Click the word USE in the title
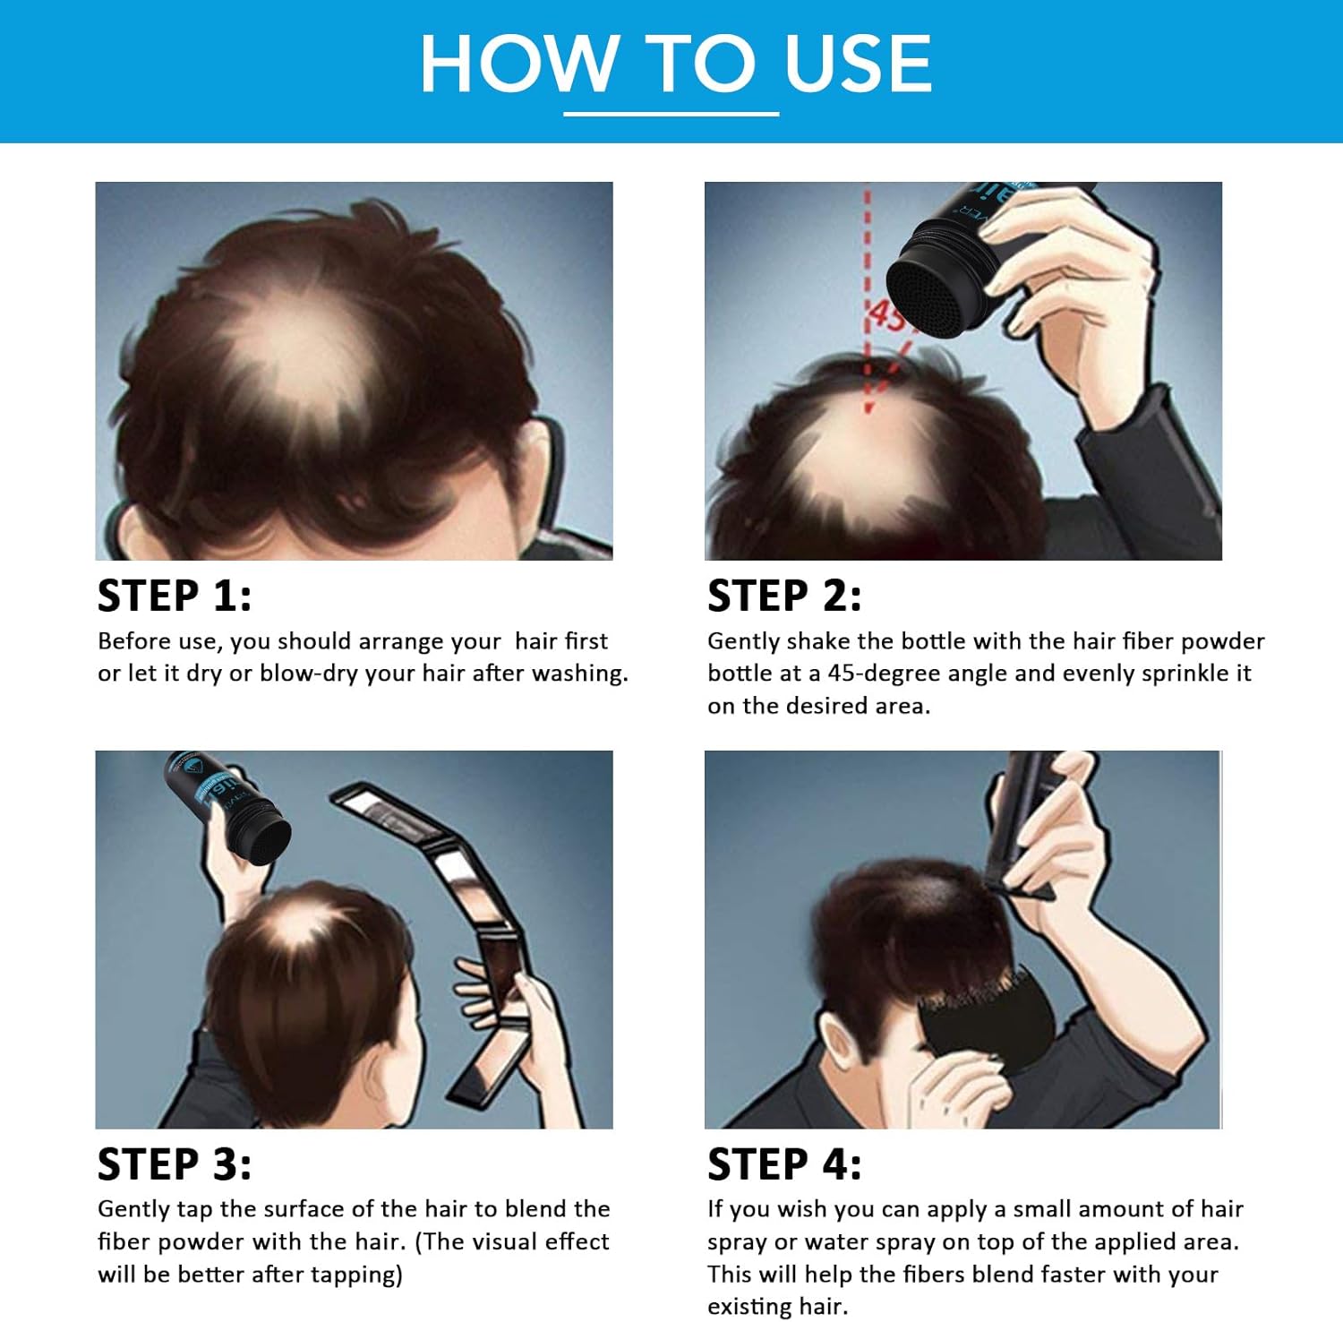click(x=858, y=63)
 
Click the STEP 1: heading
click(x=175, y=596)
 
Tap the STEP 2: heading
click(x=784, y=596)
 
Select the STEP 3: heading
click(x=175, y=1164)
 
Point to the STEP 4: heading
click(x=784, y=1164)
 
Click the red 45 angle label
click(x=888, y=315)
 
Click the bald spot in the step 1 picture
click(x=295, y=354)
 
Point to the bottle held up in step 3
click(x=227, y=806)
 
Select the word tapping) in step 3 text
click(x=357, y=1275)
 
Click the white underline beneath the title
click(x=671, y=114)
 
